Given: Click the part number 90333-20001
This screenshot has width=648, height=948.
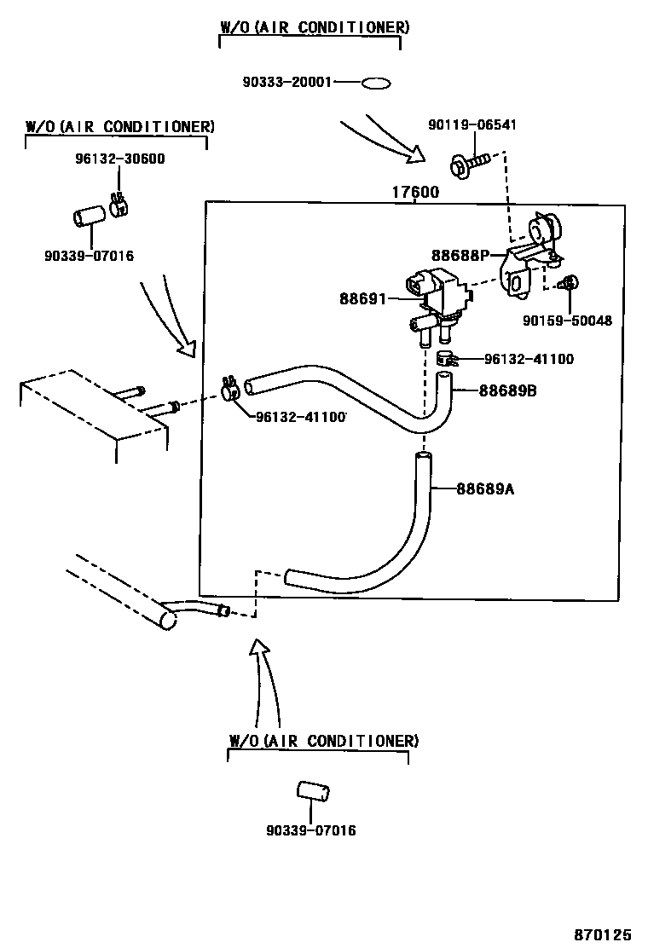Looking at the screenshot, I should point(287,83).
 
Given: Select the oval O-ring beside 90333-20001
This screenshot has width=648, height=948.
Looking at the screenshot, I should point(376,84).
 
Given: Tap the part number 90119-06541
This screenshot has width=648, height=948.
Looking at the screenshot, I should point(472,125).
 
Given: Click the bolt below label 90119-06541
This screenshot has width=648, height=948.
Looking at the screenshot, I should point(468,163).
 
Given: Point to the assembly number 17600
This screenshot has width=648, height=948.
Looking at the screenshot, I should point(415,193).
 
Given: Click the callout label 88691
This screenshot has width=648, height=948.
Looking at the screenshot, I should point(363,298).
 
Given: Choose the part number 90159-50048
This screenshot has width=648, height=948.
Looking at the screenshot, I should point(568,321).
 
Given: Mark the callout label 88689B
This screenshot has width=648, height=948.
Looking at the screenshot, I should point(509,391).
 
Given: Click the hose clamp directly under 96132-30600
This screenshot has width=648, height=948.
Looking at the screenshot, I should point(118,205).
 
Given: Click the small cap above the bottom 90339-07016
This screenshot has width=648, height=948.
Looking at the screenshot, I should point(313,790).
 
